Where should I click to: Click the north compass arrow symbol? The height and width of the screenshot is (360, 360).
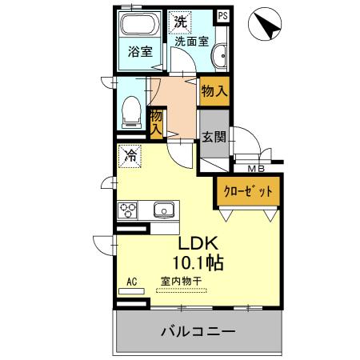click(267, 26)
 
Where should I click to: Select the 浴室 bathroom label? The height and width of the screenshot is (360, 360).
click(141, 53)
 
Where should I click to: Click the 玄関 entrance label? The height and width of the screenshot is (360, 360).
click(214, 136)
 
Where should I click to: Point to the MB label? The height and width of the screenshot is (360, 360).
click(257, 168)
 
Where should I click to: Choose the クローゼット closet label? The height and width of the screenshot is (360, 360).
click(246, 192)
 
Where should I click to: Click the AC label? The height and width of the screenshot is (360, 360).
click(132, 282)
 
